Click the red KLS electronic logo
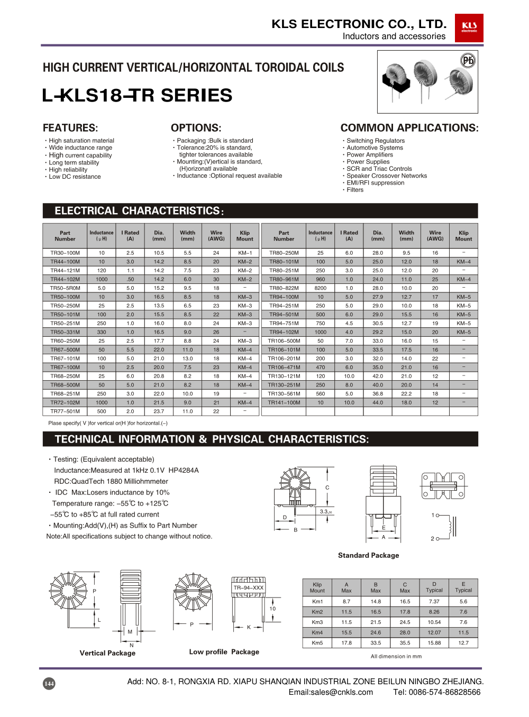469,27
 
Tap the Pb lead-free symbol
468,60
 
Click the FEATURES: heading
70,128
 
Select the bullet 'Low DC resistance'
75,177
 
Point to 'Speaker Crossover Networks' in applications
387,176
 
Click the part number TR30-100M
65,253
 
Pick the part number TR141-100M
284,402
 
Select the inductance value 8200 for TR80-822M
321,288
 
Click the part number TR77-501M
65,411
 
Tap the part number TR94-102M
284,332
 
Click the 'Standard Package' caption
369,555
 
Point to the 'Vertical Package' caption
107,653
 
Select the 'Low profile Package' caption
224,652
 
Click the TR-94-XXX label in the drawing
249,588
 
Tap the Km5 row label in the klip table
317,643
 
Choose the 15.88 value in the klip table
434,643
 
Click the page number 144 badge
49,684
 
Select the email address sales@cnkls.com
331,692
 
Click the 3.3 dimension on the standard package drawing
325,511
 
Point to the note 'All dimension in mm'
396,656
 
